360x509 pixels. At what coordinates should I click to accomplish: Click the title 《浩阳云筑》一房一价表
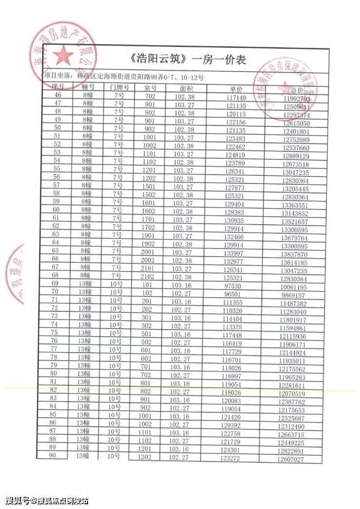[189, 59]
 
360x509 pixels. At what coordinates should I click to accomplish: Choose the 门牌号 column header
[119, 88]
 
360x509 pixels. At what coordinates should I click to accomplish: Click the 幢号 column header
[88, 87]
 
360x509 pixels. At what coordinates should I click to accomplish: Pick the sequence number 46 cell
[58, 95]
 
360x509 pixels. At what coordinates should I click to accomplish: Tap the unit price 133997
[236, 254]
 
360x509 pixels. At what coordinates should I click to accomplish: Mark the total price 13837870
[293, 255]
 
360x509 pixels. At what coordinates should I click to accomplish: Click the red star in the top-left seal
[64, 56]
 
